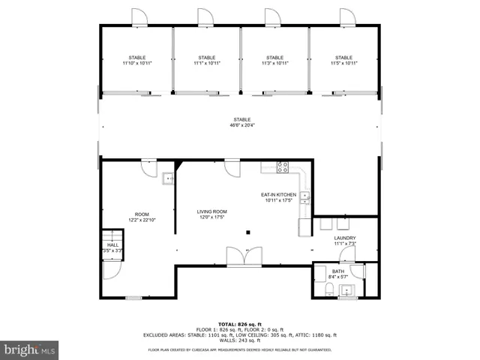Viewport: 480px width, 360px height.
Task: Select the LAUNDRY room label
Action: point(345,241)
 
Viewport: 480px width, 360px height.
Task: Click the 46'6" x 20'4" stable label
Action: point(241,122)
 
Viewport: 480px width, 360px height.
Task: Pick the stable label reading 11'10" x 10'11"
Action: point(136,61)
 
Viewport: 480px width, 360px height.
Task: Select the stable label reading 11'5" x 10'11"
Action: point(343,61)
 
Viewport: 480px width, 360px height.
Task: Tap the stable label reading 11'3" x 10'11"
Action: point(274,61)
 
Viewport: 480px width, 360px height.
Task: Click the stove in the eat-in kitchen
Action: point(283,168)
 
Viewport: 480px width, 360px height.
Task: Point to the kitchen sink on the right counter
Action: point(305,198)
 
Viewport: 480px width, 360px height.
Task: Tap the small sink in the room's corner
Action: point(167,178)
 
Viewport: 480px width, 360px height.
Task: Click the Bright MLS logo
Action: point(30,349)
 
